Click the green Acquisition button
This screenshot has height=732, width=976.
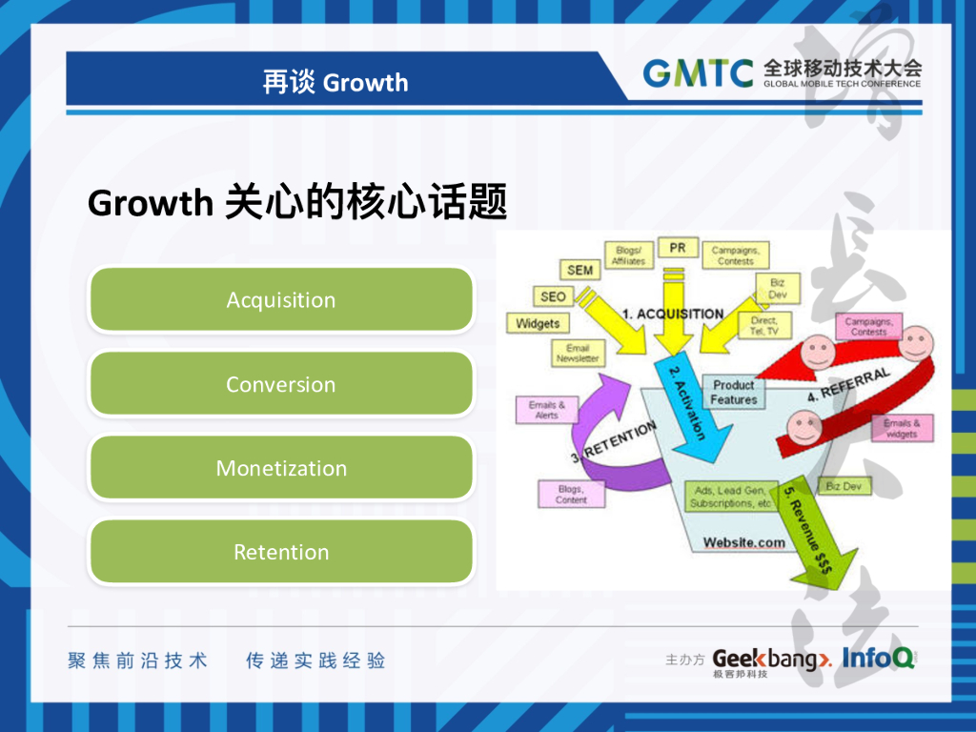[281, 300]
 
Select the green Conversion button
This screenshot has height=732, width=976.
[281, 384]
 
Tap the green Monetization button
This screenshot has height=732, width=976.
[281, 468]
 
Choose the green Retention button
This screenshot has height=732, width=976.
[281, 552]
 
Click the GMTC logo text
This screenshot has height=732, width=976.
[698, 72]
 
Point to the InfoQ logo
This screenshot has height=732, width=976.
[878, 658]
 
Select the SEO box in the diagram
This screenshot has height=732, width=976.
[553, 296]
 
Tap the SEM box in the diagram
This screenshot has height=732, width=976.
[579, 270]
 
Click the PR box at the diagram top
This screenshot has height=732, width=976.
[678, 248]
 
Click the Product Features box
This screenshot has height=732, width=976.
[734, 393]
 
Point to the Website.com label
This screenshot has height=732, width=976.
[744, 542]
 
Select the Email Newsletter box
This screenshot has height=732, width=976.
[578, 354]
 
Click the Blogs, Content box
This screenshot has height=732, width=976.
[571, 494]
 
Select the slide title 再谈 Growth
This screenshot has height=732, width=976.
[335, 83]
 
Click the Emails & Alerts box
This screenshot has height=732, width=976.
[546, 410]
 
